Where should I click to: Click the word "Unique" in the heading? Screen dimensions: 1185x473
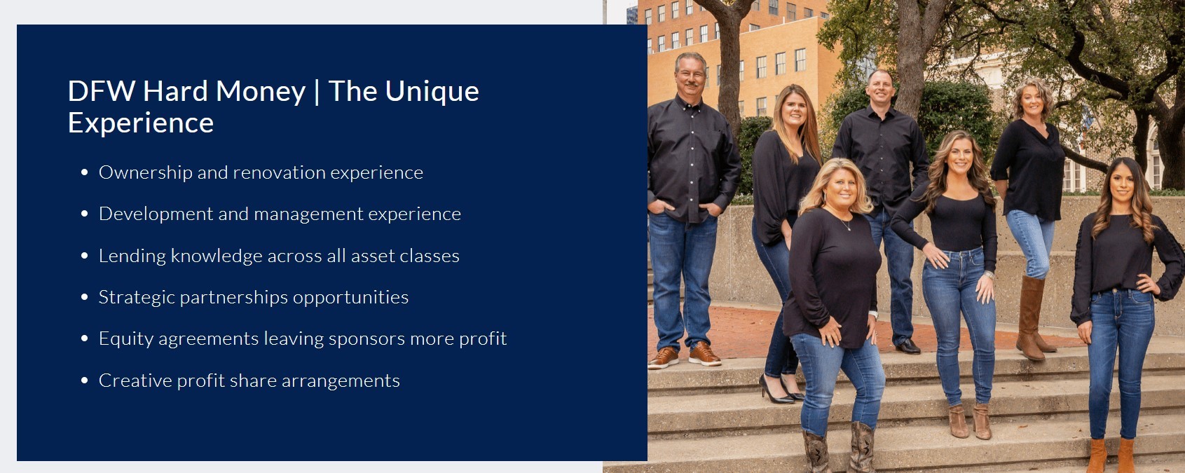click(x=432, y=92)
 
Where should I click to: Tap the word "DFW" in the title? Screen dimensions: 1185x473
click(x=102, y=91)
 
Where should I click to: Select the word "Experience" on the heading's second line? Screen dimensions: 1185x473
click(x=141, y=124)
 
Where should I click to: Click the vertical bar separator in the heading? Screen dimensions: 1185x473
click(x=317, y=92)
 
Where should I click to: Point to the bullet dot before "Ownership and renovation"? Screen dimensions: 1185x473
click(x=85, y=172)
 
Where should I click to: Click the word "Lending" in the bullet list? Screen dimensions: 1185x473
click(x=132, y=256)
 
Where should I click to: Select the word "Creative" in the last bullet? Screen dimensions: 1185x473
click(x=135, y=381)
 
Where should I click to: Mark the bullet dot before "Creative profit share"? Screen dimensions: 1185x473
click(x=85, y=381)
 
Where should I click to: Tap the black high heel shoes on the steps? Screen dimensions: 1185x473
click(x=781, y=390)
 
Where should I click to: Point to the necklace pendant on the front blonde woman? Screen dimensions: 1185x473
click(x=849, y=228)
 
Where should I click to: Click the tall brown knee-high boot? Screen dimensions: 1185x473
click(x=1032, y=317)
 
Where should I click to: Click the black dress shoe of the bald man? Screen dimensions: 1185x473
click(x=907, y=346)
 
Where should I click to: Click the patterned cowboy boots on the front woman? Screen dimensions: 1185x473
click(x=839, y=448)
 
